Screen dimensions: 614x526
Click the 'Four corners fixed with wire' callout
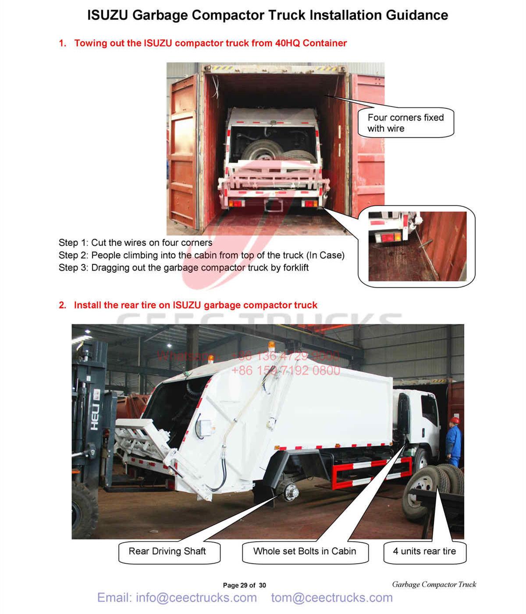click(x=405, y=123)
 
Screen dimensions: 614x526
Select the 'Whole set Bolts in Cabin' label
click(x=305, y=552)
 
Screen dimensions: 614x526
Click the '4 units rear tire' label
click(x=424, y=552)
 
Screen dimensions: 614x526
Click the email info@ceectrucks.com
click(x=177, y=598)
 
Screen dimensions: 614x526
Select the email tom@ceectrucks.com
click(x=332, y=598)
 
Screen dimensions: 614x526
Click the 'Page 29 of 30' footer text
click(x=244, y=585)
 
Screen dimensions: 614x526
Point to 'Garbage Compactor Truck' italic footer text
click(x=434, y=584)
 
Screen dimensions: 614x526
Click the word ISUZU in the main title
click(x=108, y=15)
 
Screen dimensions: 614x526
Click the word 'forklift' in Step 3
click(x=295, y=268)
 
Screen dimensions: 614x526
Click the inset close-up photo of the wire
click(x=417, y=246)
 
